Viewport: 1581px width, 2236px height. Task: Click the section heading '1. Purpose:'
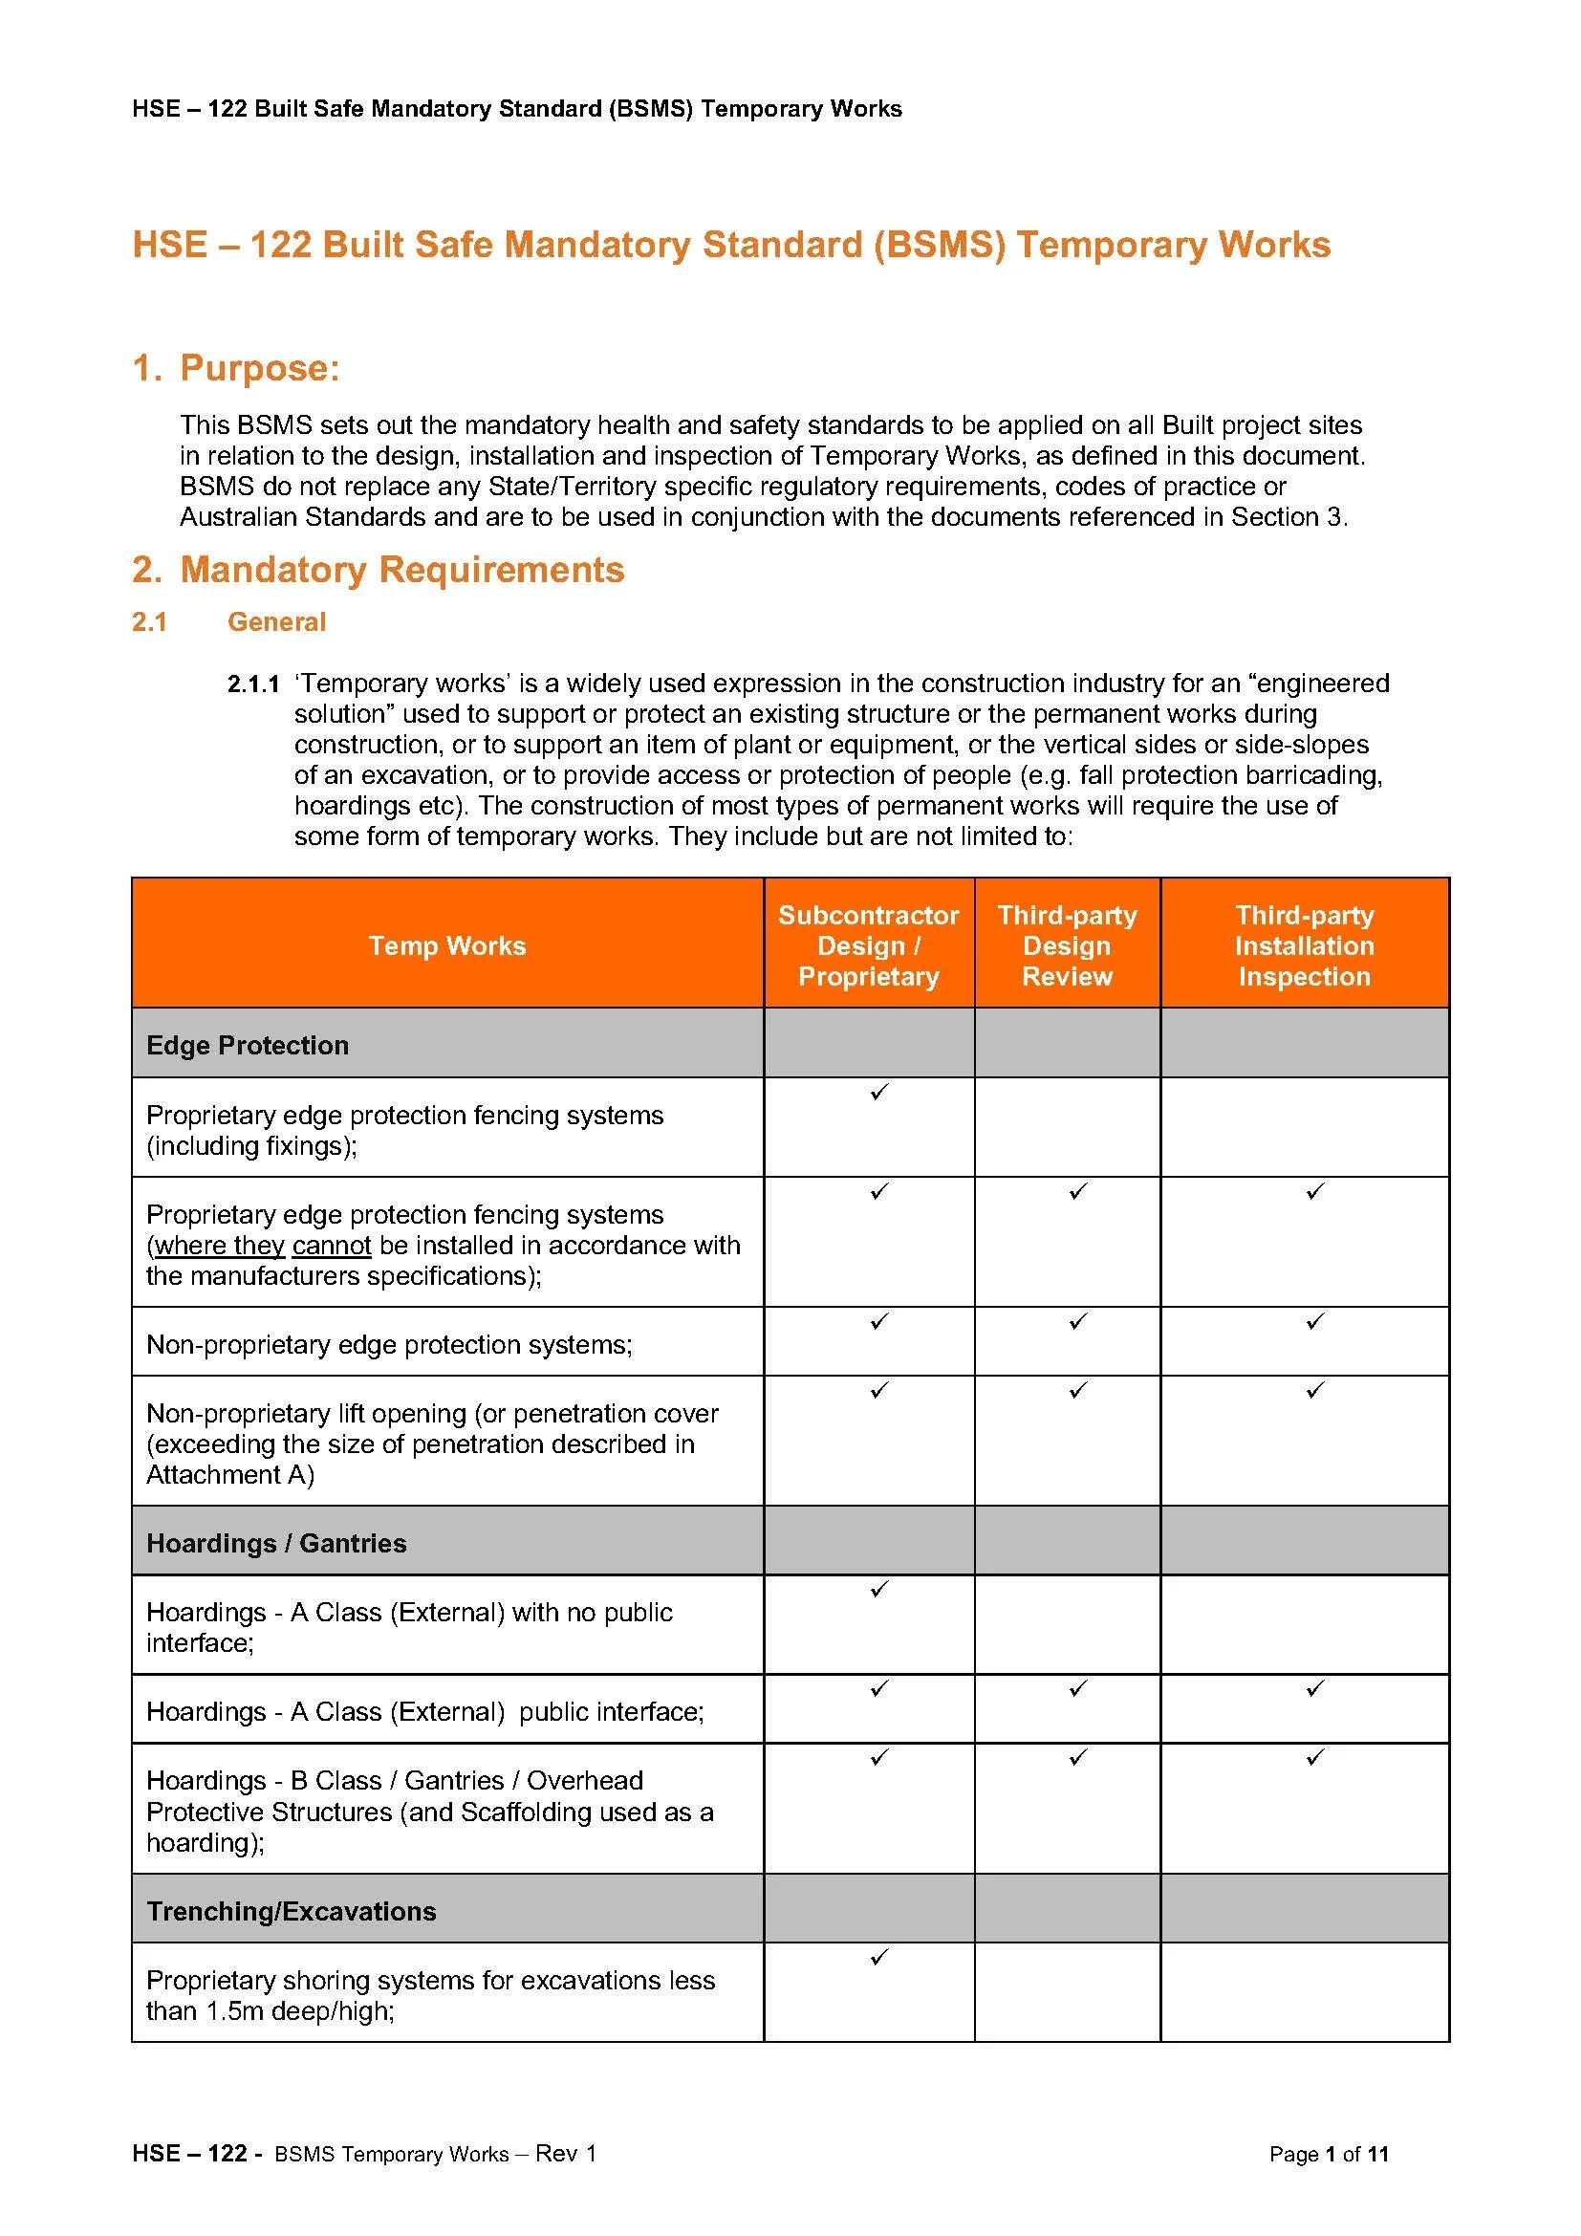coord(235,368)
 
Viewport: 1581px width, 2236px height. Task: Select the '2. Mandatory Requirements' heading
coord(378,570)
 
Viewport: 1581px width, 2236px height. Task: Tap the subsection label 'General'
coord(276,622)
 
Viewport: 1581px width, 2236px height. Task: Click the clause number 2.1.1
coord(253,684)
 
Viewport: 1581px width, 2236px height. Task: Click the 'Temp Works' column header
coord(446,945)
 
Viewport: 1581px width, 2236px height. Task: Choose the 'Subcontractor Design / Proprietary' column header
coord(868,945)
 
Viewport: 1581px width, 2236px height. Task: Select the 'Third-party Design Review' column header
coord(1067,945)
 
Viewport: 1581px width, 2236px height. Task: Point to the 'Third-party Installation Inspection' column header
coord(1305,945)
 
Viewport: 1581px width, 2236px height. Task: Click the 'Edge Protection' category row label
coord(248,1045)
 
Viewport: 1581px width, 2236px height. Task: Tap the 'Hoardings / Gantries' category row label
coord(276,1544)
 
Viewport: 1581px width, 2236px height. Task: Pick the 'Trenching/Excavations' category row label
coord(292,1912)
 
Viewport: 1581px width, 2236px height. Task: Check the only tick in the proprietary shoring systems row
coord(879,1958)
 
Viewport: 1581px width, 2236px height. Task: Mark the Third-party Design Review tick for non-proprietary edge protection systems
coord(1077,1321)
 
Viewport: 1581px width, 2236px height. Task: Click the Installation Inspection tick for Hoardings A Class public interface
coord(1315,1688)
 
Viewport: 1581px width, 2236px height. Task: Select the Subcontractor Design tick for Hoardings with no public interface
coord(879,1590)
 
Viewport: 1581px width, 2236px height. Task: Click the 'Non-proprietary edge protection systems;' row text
coord(389,1345)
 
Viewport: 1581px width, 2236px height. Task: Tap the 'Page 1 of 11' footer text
coord(1328,2182)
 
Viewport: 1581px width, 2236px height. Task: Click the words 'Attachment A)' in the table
coord(229,1475)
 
